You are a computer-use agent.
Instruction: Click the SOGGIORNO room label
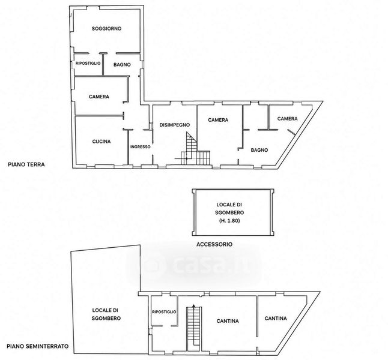106,28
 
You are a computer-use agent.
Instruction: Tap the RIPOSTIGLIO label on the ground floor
88,63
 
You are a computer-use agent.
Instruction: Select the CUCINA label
102,142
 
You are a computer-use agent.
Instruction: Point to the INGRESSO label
141,147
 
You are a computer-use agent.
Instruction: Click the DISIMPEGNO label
174,125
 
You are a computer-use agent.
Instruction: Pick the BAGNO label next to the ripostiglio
122,65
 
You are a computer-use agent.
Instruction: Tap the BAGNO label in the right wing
259,150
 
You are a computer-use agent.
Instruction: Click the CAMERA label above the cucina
99,97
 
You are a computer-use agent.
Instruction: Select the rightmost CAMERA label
287,119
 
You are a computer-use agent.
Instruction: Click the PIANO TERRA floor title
26,164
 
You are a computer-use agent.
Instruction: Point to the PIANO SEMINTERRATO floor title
38,346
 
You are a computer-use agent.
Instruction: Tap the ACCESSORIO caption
214,244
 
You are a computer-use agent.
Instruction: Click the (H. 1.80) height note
229,221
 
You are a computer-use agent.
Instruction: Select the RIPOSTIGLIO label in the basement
164,312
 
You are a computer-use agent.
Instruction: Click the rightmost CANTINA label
276,319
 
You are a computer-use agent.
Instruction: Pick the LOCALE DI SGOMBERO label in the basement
106,314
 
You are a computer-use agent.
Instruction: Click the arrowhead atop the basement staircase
194,305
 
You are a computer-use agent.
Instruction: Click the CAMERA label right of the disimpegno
218,120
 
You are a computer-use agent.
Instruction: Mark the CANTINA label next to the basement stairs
228,321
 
